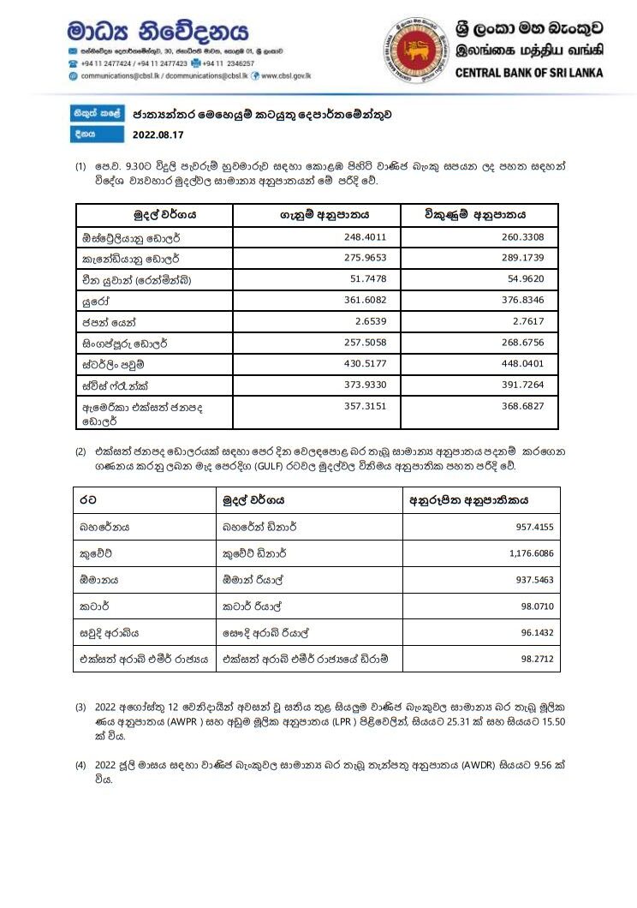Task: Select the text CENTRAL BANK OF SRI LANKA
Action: point(529,73)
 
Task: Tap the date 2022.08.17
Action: point(158,134)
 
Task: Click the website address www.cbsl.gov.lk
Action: point(287,75)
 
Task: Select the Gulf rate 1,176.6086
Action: point(531,553)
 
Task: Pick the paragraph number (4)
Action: point(80,764)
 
